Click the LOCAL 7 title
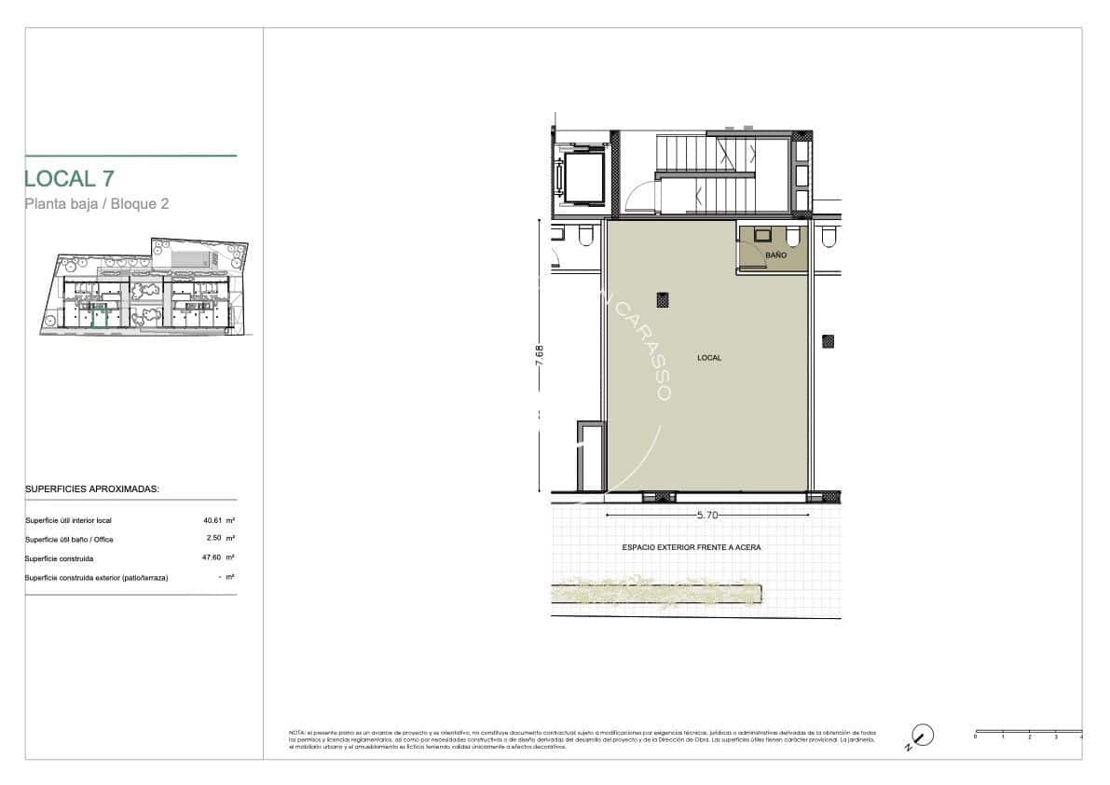pos(69,178)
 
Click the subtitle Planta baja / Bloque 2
pos(96,204)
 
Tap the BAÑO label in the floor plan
pos(775,254)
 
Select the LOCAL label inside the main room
pos(709,358)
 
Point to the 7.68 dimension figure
pos(539,357)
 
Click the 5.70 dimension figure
pos(708,514)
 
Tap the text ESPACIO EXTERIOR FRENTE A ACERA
pos(691,548)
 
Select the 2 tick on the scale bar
pos(1029,737)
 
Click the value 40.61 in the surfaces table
pos(213,520)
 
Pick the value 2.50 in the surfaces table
pos(215,539)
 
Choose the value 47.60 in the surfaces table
pos(213,558)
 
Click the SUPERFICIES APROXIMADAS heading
pos(91,489)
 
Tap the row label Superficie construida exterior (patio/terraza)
pos(96,578)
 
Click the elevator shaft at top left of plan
pos(580,176)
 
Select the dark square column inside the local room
pos(662,299)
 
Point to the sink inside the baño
pos(762,235)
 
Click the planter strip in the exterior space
pos(656,593)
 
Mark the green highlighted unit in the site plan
pos(100,316)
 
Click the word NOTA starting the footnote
pos(297,734)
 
